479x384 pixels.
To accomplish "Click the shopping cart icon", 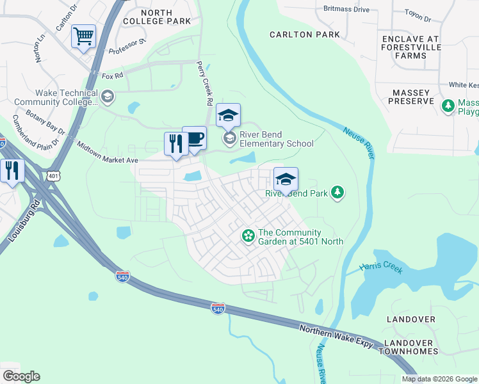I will tap(84, 37).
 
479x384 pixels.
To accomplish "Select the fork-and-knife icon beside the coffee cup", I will tap(175, 144).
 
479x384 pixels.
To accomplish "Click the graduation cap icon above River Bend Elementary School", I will tap(228, 116).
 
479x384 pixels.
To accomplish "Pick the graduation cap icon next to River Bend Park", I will tap(286, 179).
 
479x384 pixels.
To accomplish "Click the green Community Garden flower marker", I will tap(248, 236).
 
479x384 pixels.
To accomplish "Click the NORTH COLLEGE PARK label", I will tap(157, 17).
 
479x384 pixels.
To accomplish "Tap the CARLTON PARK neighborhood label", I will tap(304, 35).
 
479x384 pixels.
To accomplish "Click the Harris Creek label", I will tap(381, 268).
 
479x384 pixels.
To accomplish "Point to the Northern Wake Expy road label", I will tap(336, 335).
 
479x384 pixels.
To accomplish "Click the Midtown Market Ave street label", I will tap(108, 152).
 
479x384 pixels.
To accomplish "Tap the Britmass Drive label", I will tap(346, 9).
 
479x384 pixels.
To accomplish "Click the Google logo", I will tap(21, 376).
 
